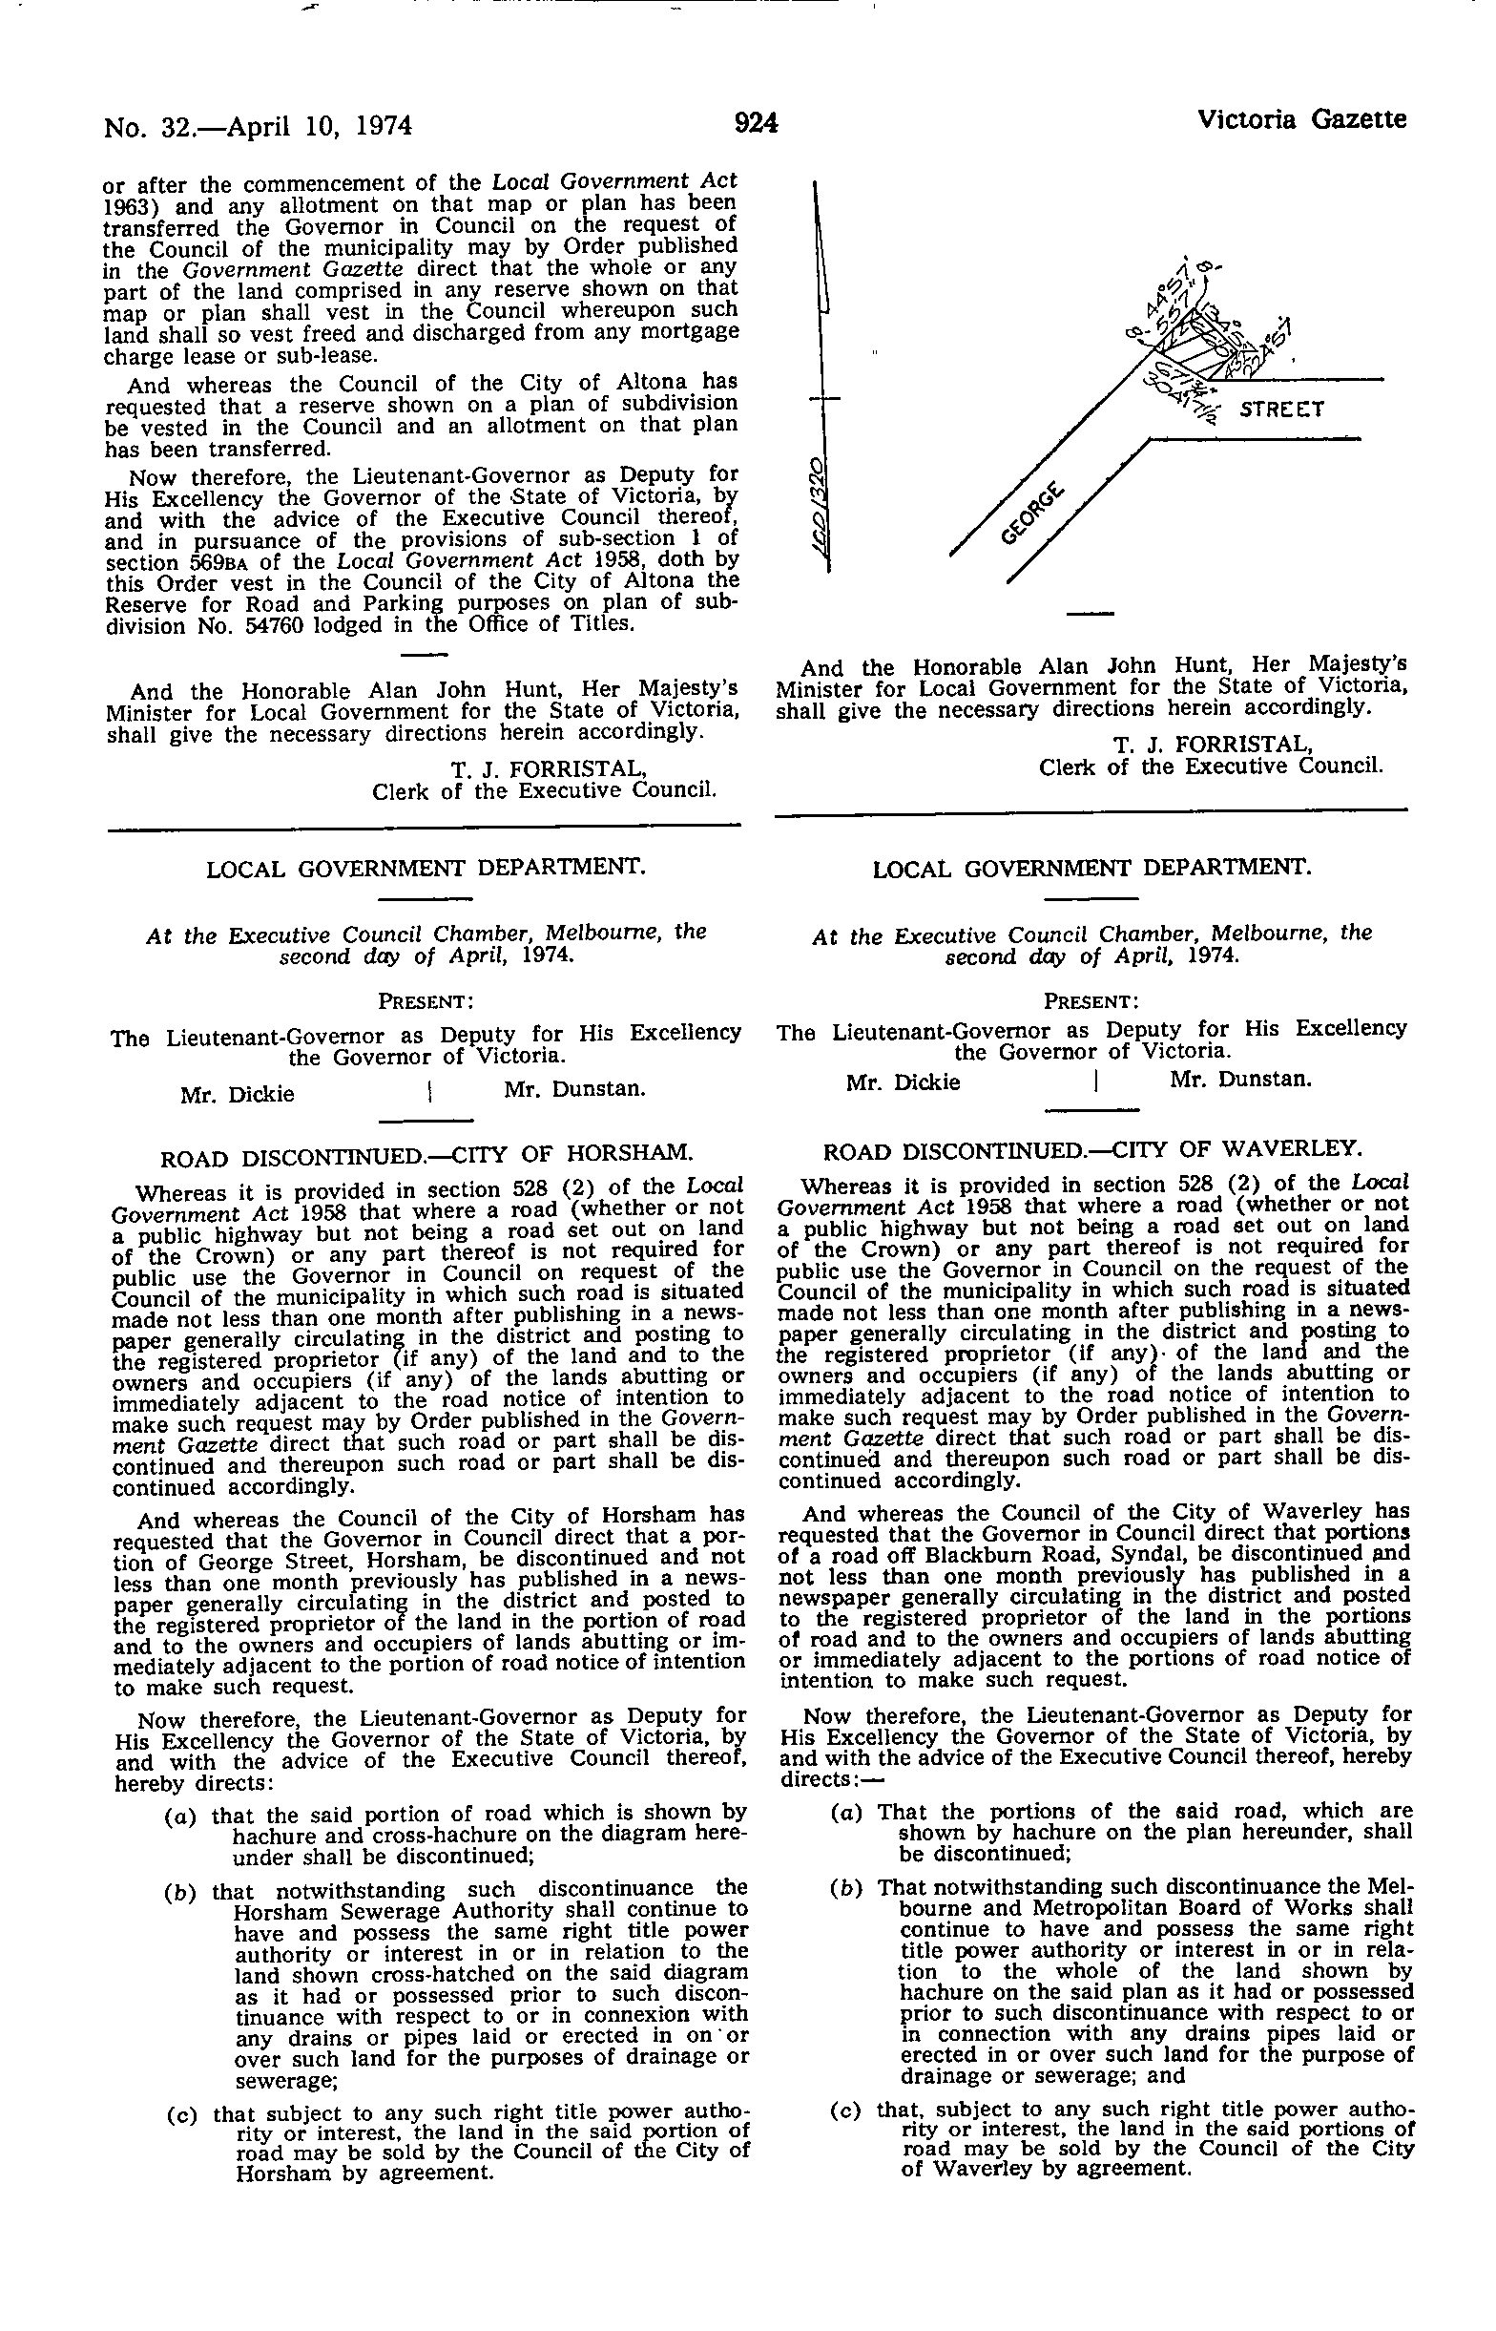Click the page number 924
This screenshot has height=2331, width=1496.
coord(757,123)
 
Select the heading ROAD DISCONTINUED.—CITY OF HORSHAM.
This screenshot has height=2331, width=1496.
coord(426,1156)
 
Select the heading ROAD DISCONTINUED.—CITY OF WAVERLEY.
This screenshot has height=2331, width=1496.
coord(1091,1150)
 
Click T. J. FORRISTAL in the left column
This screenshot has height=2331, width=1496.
coord(549,769)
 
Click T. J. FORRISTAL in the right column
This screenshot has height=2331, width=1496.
coord(1214,745)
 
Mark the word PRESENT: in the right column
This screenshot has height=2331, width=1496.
coord(1091,1000)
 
